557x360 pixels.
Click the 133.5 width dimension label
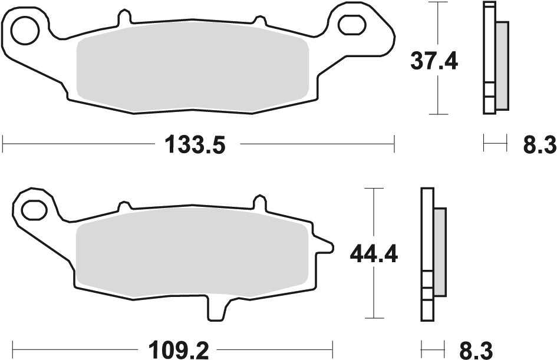[195, 144]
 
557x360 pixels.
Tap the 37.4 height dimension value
[434, 61]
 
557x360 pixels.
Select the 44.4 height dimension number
[374, 255]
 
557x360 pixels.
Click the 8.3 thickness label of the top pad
[539, 144]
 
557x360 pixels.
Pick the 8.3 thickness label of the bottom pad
[476, 350]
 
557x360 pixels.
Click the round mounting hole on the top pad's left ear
[25, 31]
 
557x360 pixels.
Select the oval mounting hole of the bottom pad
[34, 209]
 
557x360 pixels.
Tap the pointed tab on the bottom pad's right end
[323, 244]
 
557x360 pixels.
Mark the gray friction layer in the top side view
[502, 65]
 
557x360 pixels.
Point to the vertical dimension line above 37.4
[437, 24]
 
